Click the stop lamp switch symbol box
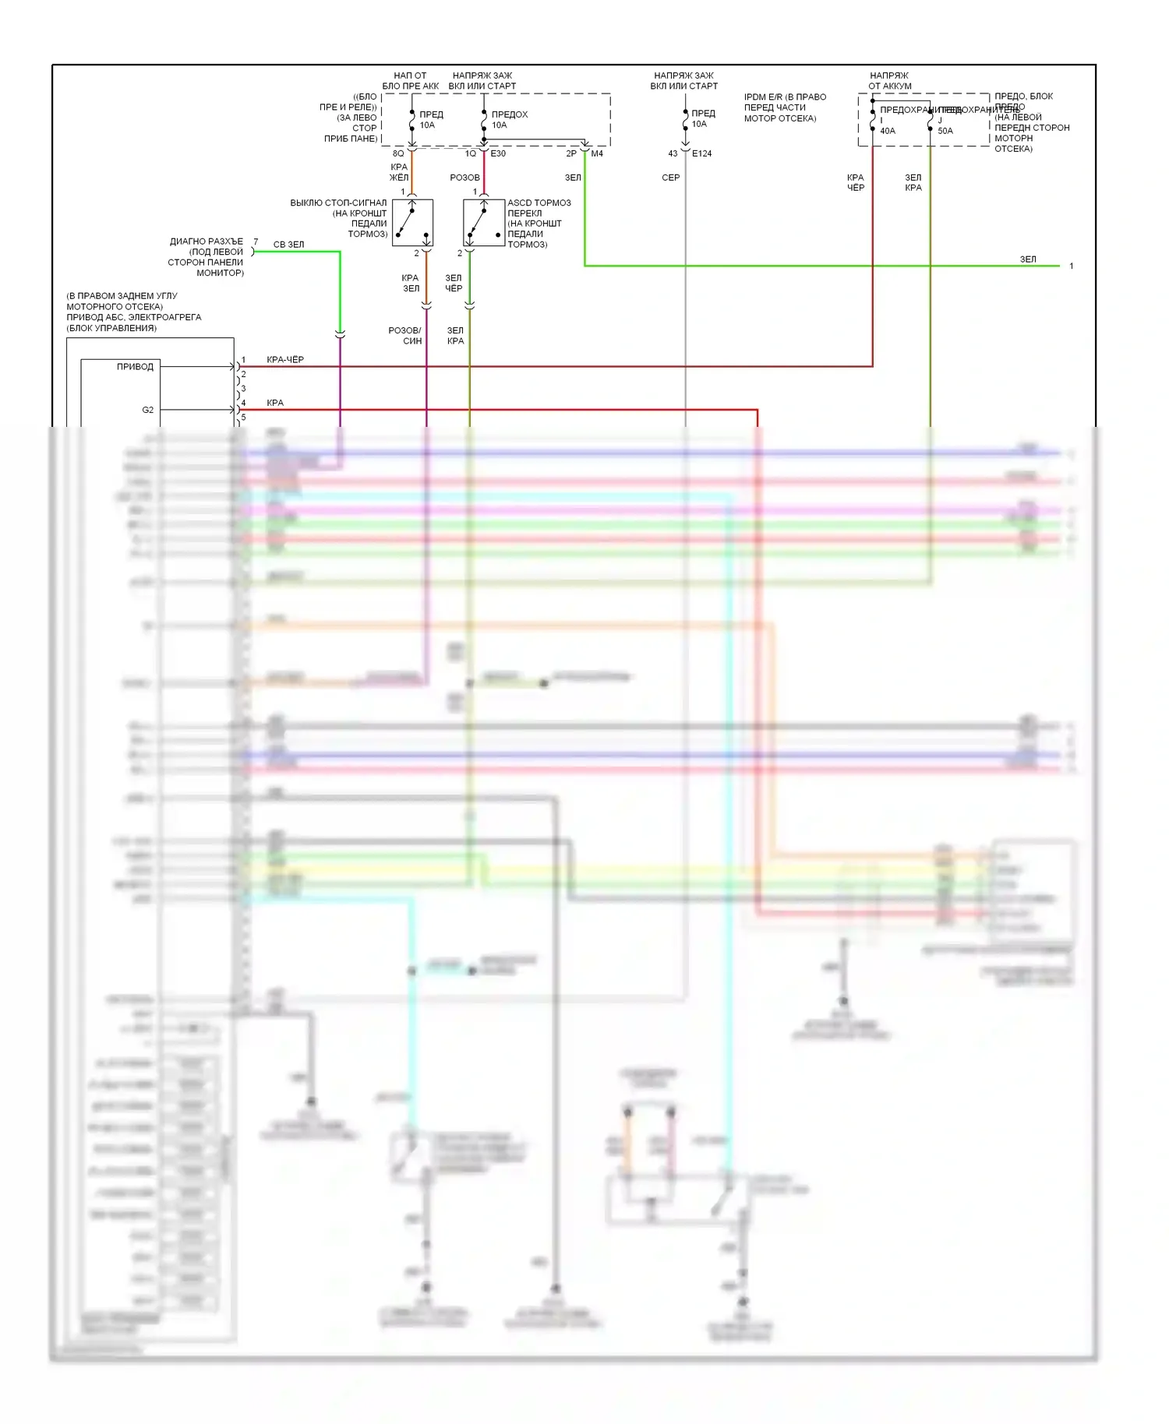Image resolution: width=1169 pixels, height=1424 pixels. click(x=412, y=223)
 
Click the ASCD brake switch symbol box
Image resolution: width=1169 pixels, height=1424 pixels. click(x=484, y=223)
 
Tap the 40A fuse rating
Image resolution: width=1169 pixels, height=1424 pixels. click(x=888, y=131)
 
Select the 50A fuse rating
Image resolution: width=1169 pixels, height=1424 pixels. click(x=945, y=131)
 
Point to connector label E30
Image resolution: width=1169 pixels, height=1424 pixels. click(x=498, y=153)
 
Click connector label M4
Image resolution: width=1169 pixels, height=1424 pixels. click(x=597, y=153)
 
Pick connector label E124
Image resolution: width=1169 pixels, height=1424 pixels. click(x=701, y=153)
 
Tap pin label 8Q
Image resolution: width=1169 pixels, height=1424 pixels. click(x=398, y=153)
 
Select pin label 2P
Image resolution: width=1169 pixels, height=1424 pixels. click(x=571, y=153)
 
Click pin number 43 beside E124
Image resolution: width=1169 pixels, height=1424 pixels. click(x=673, y=153)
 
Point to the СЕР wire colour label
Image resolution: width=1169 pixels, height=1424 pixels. click(x=670, y=178)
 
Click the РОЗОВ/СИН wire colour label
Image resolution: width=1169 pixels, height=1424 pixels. click(x=405, y=336)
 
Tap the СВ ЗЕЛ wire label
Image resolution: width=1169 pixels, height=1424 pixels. click(x=288, y=245)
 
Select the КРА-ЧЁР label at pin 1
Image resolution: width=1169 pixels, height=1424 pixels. click(x=285, y=360)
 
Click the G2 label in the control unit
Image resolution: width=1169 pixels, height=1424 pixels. click(x=148, y=410)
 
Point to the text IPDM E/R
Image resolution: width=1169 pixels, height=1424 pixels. click(x=763, y=97)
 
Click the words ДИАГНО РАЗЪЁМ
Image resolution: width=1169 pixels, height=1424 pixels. click(x=207, y=241)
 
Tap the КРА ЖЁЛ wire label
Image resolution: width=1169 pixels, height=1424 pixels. click(x=399, y=172)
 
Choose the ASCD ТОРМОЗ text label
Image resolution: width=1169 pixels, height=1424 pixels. click(x=539, y=203)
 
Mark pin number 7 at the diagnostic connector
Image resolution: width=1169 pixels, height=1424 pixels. click(x=256, y=242)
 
